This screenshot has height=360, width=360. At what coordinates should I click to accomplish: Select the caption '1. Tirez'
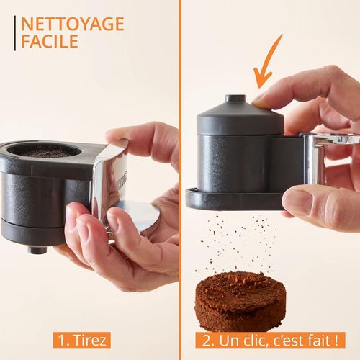tap(81, 338)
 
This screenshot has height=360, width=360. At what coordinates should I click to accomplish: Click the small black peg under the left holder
tap(34, 249)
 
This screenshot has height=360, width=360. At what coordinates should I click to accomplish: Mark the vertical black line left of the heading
tap(14, 32)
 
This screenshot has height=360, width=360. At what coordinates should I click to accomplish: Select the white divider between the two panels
tap(180, 180)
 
